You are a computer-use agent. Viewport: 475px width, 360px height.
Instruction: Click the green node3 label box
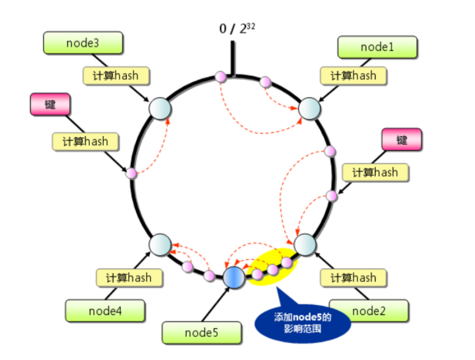click(83, 43)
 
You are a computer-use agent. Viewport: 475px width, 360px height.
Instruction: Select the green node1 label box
click(377, 47)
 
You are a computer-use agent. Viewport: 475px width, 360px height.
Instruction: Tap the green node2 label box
click(369, 311)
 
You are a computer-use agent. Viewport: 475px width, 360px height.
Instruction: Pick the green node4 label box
click(106, 310)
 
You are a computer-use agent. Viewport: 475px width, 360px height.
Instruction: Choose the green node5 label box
click(201, 333)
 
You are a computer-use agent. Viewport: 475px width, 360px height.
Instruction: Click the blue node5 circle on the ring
click(234, 276)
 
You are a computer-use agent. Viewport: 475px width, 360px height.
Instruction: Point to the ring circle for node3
click(161, 109)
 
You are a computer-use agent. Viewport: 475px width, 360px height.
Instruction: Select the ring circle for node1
click(309, 109)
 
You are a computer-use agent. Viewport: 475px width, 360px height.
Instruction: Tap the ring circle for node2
click(305, 245)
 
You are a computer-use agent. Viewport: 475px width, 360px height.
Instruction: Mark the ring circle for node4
click(161, 243)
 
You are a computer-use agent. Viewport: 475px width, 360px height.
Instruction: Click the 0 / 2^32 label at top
click(237, 29)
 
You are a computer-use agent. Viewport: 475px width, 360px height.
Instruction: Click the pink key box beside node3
click(50, 104)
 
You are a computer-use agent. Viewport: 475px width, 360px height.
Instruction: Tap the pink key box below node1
click(401, 139)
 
